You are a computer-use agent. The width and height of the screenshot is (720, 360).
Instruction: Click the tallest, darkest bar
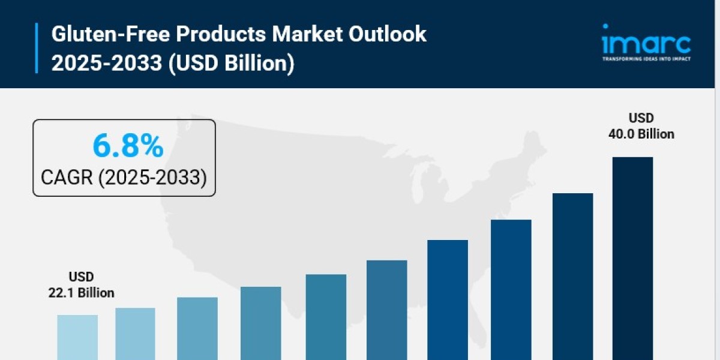coord(632,258)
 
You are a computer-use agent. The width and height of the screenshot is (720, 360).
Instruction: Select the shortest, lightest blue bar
coord(77,337)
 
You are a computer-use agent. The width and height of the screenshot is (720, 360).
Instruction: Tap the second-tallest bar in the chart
coord(572,276)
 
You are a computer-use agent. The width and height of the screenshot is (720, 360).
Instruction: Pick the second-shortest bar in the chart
coord(135,333)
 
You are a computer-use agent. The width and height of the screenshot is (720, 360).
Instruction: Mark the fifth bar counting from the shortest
coord(326,316)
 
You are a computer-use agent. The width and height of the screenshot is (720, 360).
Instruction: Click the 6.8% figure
coord(127,145)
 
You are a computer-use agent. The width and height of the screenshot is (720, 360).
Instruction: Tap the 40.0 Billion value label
coord(641,134)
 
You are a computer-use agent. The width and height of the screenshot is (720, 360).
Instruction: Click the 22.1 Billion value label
coord(81,293)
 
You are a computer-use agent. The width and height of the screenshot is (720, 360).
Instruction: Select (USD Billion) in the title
coord(231,63)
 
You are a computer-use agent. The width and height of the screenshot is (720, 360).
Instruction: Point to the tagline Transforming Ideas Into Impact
coord(646,59)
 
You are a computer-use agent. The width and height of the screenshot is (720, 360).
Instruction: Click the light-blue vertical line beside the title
coord(37,48)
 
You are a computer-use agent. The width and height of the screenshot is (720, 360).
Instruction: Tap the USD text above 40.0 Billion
coord(641,118)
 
